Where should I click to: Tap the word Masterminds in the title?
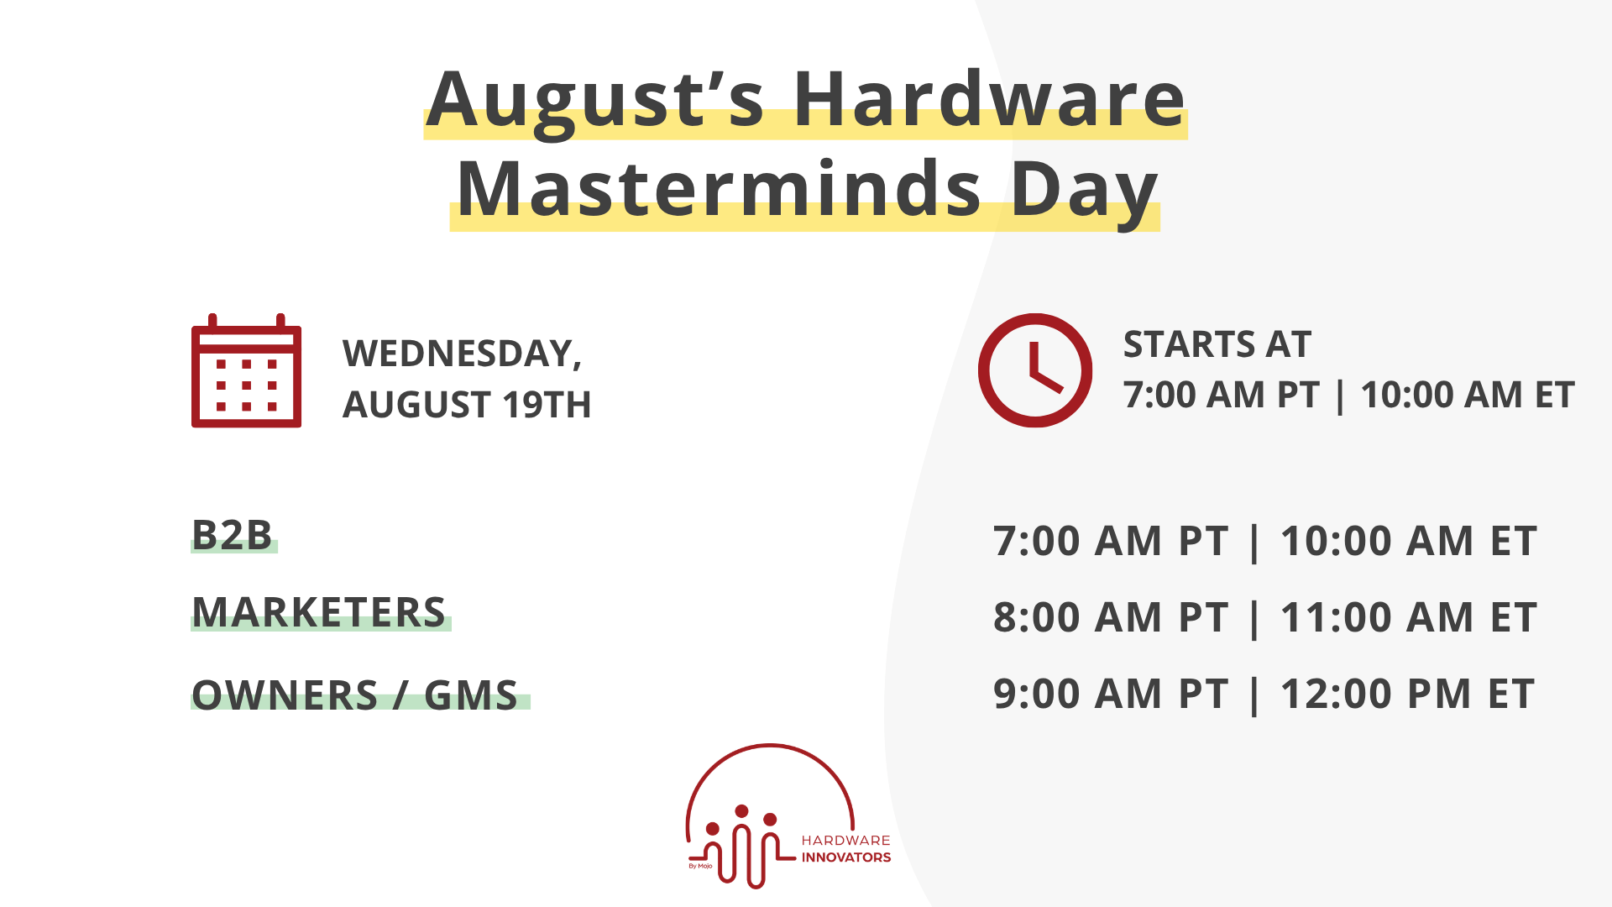(719, 189)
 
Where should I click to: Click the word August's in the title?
(595, 101)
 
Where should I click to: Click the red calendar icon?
(246, 371)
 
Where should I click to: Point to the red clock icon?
(1034, 370)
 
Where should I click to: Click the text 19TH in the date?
(547, 405)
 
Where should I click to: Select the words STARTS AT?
(1217, 344)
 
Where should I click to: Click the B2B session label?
(233, 535)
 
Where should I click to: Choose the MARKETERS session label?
(319, 612)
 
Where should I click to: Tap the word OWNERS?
(285, 695)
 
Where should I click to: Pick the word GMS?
(471, 695)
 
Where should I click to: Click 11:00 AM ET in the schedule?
(1408, 617)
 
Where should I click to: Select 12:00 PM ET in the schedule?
(1407, 694)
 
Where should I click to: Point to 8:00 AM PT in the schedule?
(1110, 617)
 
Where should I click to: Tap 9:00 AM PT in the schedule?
(1110, 694)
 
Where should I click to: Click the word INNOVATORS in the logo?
(845, 857)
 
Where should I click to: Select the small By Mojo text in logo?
(700, 866)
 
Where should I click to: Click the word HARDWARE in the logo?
(845, 840)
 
